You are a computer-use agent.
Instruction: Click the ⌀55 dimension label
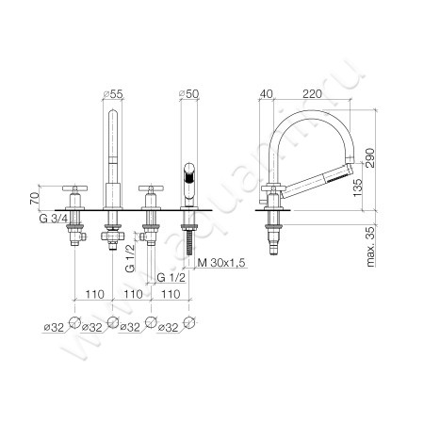[x=113, y=94]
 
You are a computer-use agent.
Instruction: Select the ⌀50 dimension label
[x=188, y=94]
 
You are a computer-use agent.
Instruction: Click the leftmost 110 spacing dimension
[x=92, y=295]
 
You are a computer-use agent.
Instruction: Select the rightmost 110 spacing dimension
[x=171, y=295]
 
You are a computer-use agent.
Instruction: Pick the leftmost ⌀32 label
[x=52, y=328]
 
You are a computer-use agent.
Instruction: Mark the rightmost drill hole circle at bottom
[x=189, y=323]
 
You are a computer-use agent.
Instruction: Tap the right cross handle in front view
[x=149, y=190]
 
